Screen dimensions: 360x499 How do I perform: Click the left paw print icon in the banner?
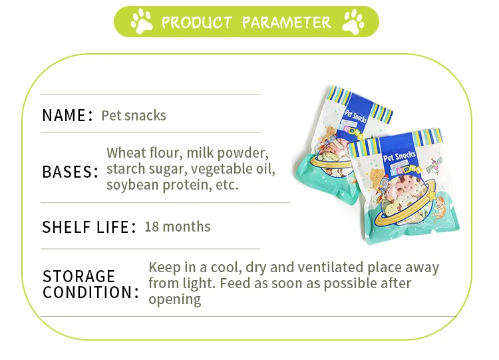[142, 22]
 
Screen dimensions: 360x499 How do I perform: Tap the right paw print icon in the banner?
[353, 22]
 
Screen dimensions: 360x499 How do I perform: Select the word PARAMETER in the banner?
[286, 23]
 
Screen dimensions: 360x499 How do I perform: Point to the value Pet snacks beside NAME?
[134, 115]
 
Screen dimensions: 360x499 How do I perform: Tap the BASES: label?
[70, 171]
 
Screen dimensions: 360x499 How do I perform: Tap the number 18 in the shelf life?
[152, 226]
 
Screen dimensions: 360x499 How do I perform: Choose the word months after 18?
[187, 226]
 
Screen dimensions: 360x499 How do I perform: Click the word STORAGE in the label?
[79, 275]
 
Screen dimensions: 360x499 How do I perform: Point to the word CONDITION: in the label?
[91, 292]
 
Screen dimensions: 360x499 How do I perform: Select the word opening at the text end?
[174, 299]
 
